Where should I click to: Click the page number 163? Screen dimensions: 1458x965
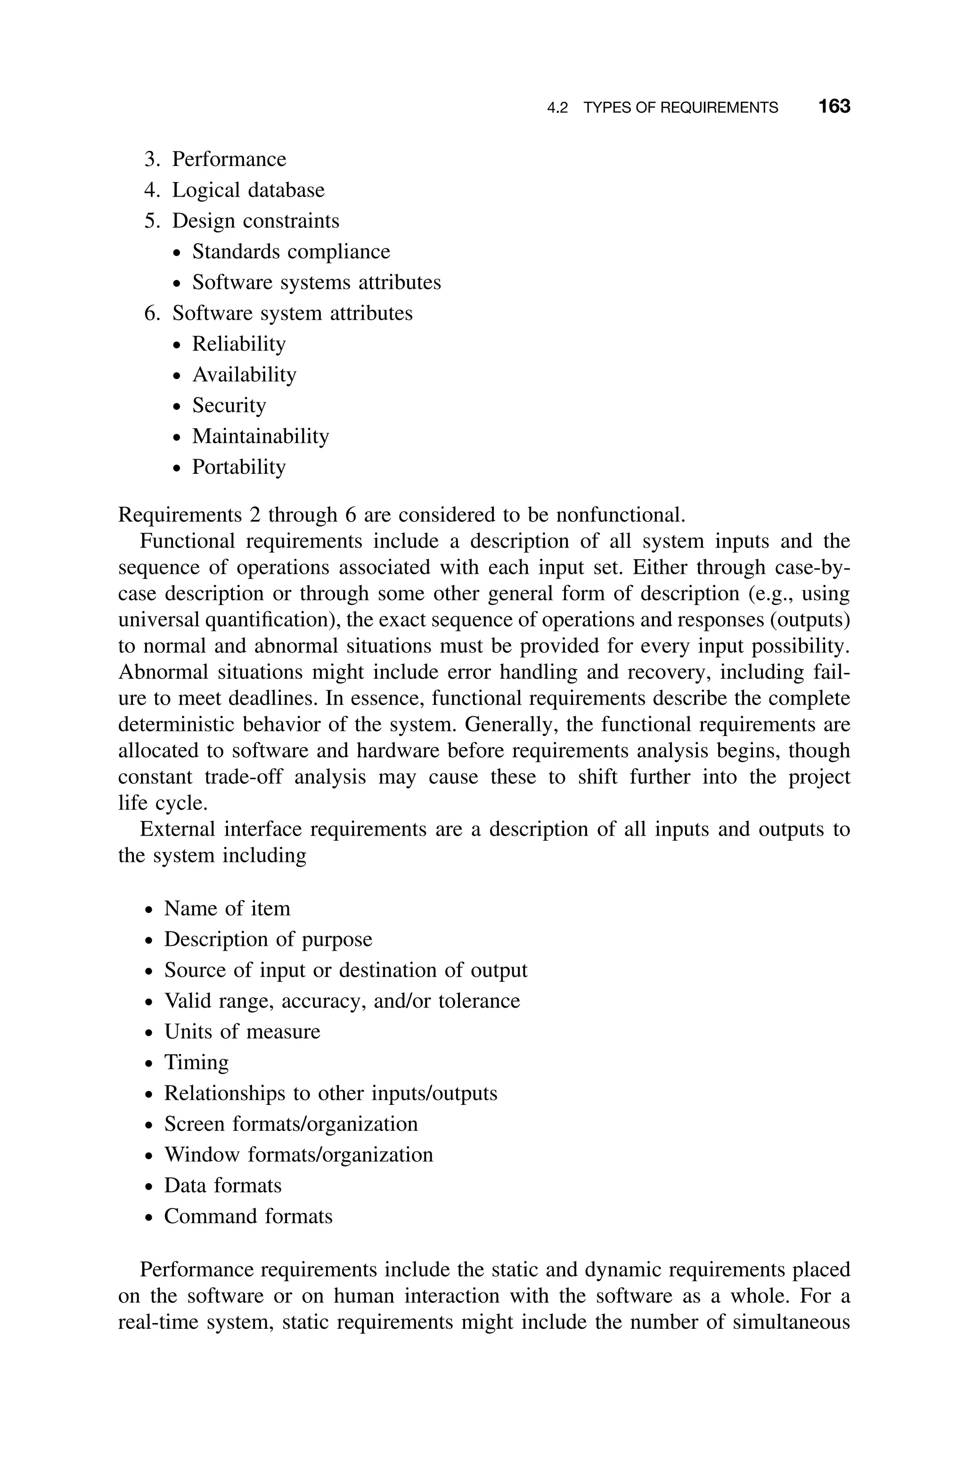pos(834,107)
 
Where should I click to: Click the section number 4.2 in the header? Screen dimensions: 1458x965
pos(557,108)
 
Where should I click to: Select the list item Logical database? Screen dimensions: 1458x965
pos(247,190)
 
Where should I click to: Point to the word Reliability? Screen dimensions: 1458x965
pos(239,344)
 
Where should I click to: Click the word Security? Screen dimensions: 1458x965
pos(229,405)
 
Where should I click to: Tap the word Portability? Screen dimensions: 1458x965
pos(239,467)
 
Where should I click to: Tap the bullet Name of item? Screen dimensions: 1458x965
pos(227,909)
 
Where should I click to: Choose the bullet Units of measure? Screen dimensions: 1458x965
pos(242,1032)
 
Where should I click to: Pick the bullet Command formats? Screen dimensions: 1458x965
pos(248,1217)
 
